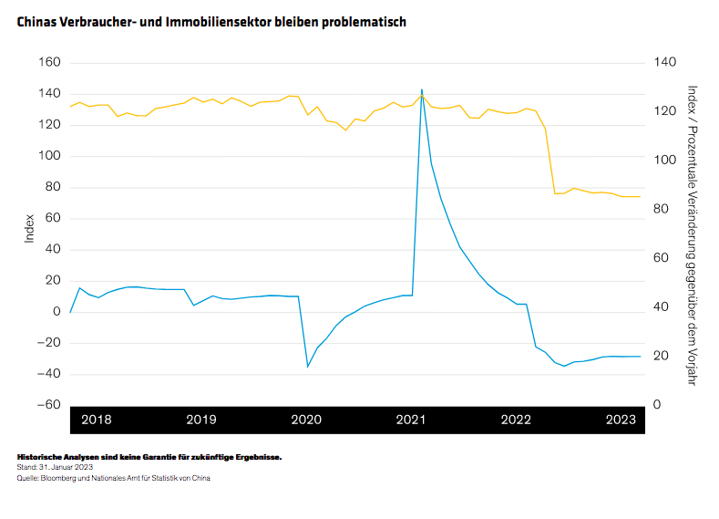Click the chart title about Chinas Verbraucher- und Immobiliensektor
211,20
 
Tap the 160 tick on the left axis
49,63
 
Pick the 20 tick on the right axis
662,356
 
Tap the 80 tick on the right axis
662,209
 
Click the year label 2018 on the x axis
97,420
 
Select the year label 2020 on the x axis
306,420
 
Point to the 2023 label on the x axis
621,420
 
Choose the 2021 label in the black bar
411,420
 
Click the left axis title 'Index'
29,228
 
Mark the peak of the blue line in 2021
421,90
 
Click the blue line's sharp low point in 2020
308,366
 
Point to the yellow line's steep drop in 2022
550,161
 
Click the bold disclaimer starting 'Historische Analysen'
149,456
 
